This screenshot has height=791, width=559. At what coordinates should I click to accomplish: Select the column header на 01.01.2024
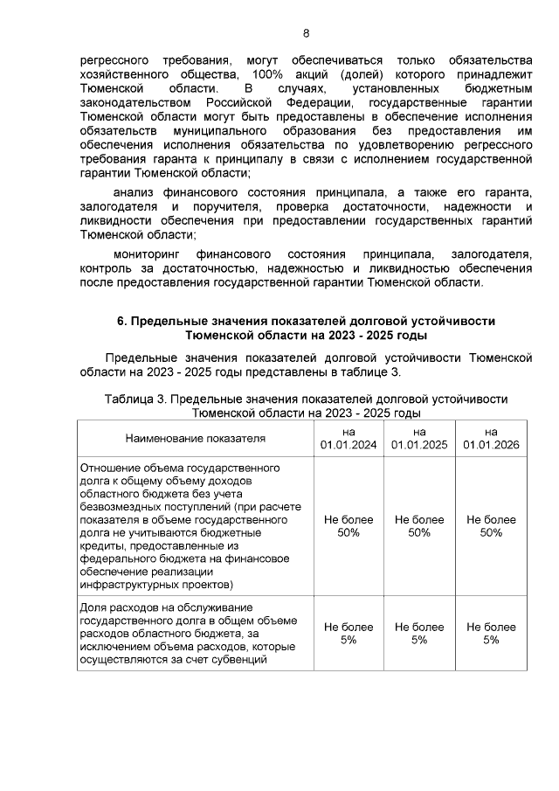(x=349, y=438)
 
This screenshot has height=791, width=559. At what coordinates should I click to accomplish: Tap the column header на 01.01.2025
(x=419, y=438)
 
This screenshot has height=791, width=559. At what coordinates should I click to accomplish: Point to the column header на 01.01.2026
(x=491, y=438)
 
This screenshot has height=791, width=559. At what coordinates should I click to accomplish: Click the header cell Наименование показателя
(x=195, y=438)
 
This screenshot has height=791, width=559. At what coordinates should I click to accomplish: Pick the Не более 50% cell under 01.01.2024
(x=349, y=525)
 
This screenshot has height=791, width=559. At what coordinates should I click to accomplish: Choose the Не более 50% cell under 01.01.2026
(x=491, y=525)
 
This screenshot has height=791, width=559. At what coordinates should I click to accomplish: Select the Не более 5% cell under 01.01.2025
(x=419, y=633)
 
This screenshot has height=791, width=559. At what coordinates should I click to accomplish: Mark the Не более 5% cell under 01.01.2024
(x=349, y=633)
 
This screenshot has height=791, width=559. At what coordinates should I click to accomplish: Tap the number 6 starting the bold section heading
(x=121, y=321)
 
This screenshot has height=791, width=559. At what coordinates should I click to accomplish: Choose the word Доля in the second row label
(x=93, y=607)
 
